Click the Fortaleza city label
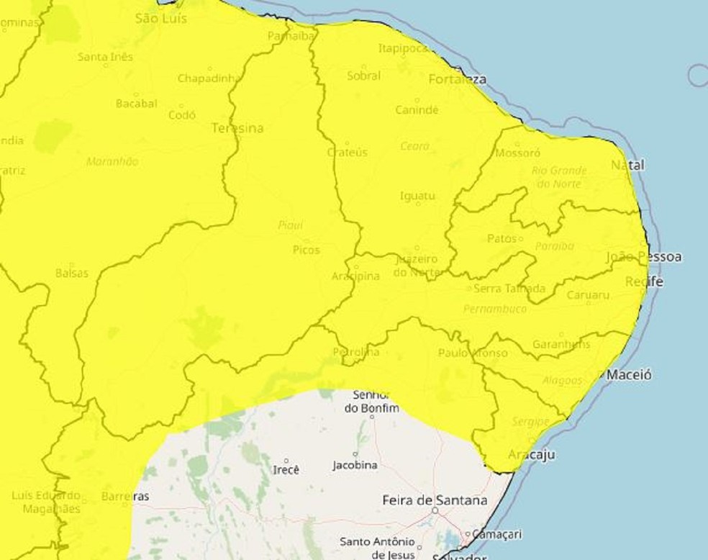tap(458, 79)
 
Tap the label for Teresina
tap(237, 128)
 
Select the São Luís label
tap(162, 19)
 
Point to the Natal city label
tap(627, 166)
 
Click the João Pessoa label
tap(644, 257)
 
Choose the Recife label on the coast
tap(644, 281)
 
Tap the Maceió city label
tap(629, 375)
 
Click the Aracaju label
tap(531, 455)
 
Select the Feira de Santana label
tap(435, 500)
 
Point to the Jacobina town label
tap(355, 465)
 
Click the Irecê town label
tap(286, 470)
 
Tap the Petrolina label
tap(355, 352)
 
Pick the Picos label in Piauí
tap(307, 250)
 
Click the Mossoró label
tap(518, 153)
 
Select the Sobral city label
tap(364, 76)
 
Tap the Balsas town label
tap(72, 274)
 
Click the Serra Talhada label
tap(509, 289)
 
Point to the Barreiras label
tap(125, 497)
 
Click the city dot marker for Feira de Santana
tap(435, 510)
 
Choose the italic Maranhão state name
tap(112, 162)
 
